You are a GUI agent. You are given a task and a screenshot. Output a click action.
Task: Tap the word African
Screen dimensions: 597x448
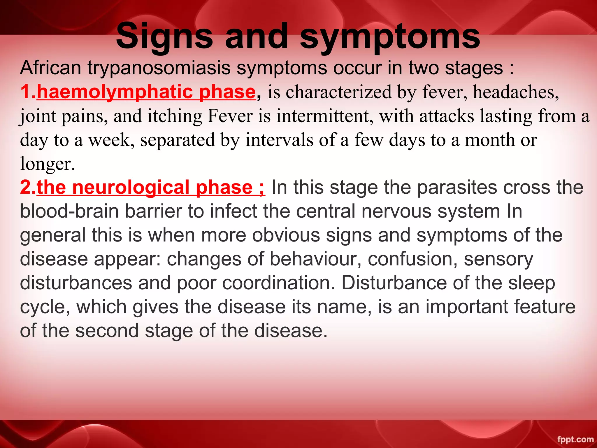pos(50,68)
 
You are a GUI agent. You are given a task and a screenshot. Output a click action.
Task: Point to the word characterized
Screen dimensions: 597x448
pos(338,92)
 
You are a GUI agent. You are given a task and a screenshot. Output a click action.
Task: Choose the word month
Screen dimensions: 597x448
pos(490,140)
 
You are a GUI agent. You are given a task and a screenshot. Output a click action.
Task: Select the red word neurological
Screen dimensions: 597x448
pos(131,188)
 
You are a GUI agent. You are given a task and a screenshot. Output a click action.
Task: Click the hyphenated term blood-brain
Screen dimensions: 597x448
pos(69,211)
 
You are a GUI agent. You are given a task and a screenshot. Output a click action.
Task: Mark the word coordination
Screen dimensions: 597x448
pos(279,283)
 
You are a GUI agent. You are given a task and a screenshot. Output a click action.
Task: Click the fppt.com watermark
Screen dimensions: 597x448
pos(575,440)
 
